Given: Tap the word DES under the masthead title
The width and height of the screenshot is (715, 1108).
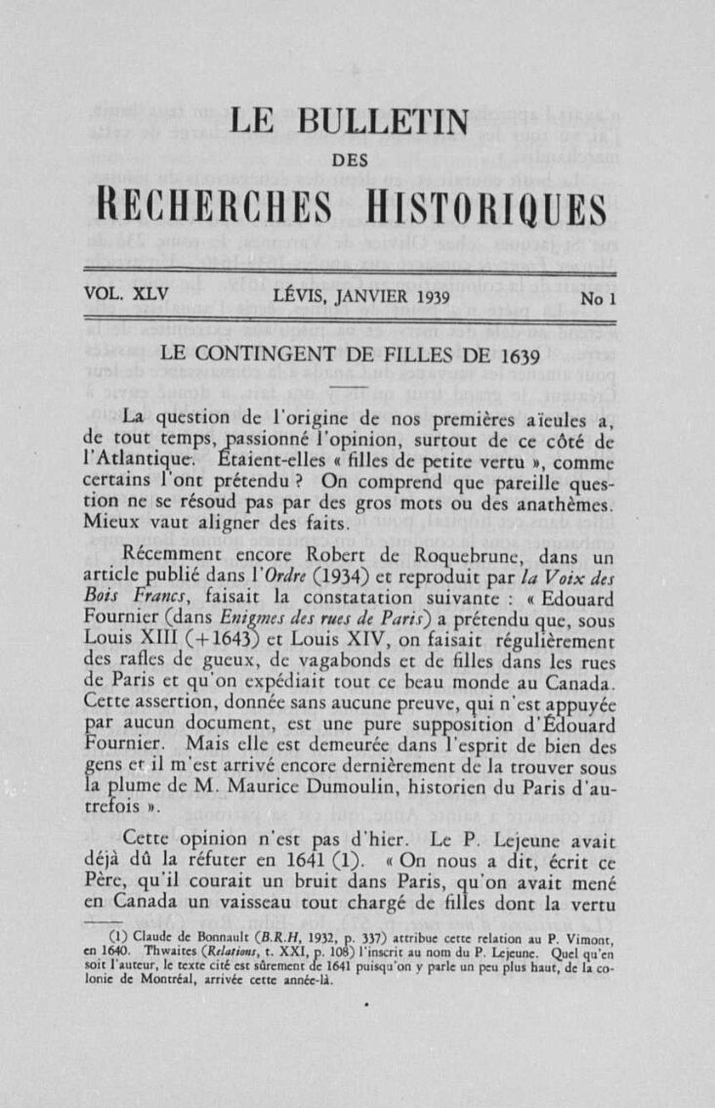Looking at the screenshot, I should point(356,161).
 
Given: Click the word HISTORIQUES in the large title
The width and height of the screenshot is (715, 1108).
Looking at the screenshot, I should point(492,208).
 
